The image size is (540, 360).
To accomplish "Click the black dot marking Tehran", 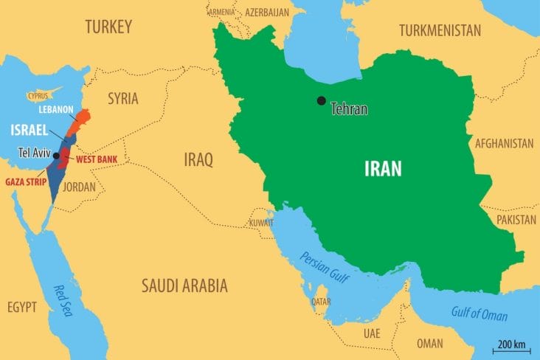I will click(321, 101).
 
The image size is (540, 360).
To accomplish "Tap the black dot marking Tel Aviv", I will click(56, 156).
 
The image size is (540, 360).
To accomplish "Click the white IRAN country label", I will click(383, 168).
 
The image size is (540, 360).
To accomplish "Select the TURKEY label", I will click(108, 28).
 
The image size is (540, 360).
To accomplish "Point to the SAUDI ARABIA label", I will click(184, 285).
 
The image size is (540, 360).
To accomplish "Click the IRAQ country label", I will click(198, 159).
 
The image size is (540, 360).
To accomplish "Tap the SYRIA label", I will click(123, 98).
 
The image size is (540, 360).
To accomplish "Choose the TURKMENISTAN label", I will click(440, 30).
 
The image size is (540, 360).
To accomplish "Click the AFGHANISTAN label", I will click(505, 142).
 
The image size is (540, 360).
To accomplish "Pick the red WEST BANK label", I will click(96, 159).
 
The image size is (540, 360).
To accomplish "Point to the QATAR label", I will click(320, 302).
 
